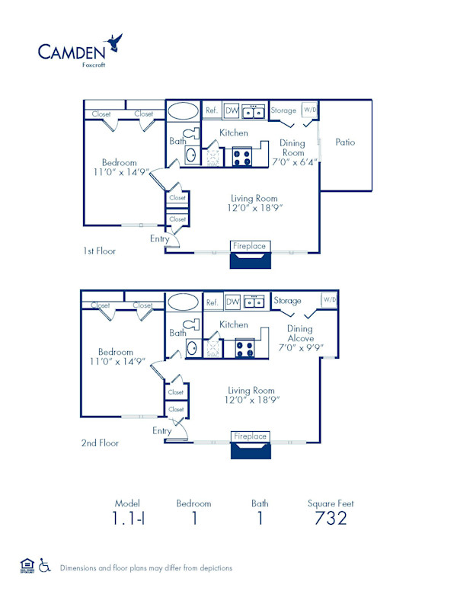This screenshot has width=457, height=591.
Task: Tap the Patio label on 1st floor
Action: coord(345,142)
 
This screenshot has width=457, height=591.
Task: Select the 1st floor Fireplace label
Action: coord(249,246)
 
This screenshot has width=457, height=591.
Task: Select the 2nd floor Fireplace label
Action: coord(250,436)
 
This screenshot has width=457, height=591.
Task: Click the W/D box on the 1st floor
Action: coord(311,110)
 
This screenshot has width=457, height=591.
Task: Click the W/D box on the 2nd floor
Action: coord(329,300)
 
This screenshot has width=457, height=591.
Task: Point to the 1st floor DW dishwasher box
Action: coord(232,110)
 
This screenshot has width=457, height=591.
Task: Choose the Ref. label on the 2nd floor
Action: coord(213,302)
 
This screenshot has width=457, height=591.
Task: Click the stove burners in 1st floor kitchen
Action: coord(241,158)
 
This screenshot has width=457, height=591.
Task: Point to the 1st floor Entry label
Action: coord(161,239)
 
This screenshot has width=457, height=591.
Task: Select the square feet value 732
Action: coord(331,519)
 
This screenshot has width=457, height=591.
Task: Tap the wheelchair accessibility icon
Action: coord(44,566)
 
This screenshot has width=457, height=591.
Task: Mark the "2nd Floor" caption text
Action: coord(100,442)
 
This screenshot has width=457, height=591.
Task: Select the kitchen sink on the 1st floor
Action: coord(254,111)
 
